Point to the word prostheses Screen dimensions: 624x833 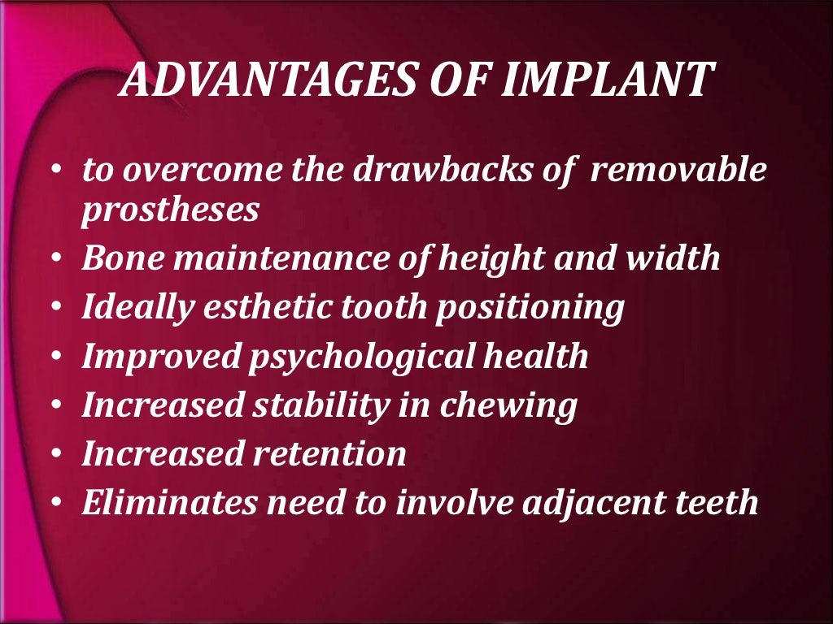[170, 210]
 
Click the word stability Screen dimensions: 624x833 [301, 405]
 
